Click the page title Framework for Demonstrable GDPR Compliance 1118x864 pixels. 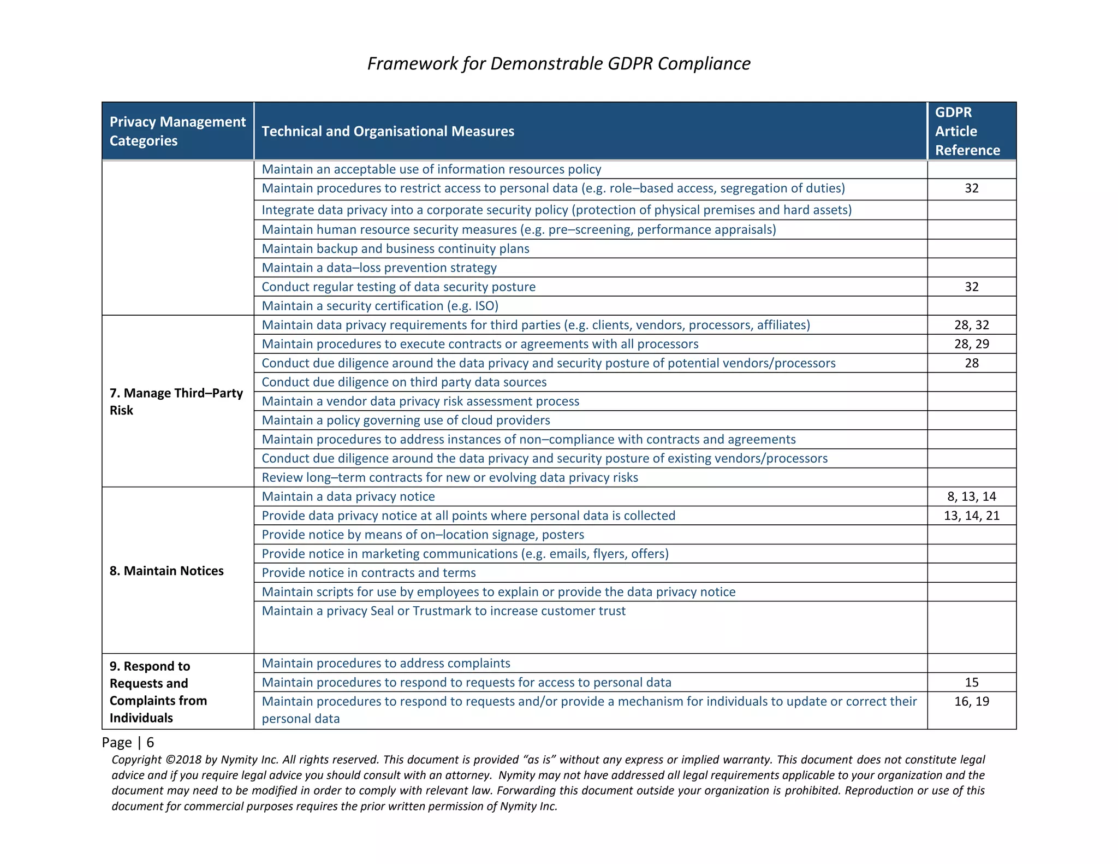pos(558,63)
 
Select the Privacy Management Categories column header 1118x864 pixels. pos(177,131)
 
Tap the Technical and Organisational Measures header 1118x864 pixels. pos(388,131)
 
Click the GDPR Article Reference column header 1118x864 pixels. pos(967,131)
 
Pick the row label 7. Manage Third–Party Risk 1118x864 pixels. pos(176,401)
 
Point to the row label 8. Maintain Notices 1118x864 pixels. pos(166,571)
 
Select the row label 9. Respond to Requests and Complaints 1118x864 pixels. pos(158,691)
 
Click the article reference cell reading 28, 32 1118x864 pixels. pos(972,325)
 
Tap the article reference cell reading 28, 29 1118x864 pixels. pos(972,344)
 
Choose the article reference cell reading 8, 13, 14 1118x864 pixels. pos(972,496)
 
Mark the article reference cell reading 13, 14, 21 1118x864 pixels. pos(972,516)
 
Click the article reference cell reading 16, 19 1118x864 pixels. pos(972,701)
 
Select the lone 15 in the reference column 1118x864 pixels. pos(972,682)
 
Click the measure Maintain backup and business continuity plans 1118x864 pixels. pos(395,248)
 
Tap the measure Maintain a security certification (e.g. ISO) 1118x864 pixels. pos(380,306)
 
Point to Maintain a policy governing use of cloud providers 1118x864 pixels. pos(406,420)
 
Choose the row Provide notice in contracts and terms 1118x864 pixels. pos(368,572)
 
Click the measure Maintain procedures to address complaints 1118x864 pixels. pos(386,663)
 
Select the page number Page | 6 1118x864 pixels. pos(128,742)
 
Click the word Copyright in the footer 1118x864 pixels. pos(136,760)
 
